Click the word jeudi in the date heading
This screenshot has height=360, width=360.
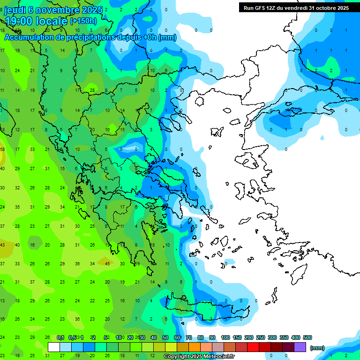point(15,10)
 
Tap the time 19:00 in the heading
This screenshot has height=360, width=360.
point(20,21)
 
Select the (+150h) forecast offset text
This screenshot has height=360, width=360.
point(83,21)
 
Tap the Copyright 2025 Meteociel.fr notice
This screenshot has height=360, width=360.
point(199,357)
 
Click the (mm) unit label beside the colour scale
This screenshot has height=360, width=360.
point(317,348)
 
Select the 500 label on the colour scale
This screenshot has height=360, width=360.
point(307,337)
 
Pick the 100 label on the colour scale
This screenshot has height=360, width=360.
point(225,337)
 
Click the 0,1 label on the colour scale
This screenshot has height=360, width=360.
point(60,337)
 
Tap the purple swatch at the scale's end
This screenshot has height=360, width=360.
point(300,347)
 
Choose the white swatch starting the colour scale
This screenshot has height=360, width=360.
point(54,347)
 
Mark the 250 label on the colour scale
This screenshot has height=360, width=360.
point(260,337)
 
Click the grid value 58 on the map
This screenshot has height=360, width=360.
point(2,149)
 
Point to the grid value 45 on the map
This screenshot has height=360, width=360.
point(107,263)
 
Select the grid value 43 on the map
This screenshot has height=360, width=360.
point(2,245)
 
